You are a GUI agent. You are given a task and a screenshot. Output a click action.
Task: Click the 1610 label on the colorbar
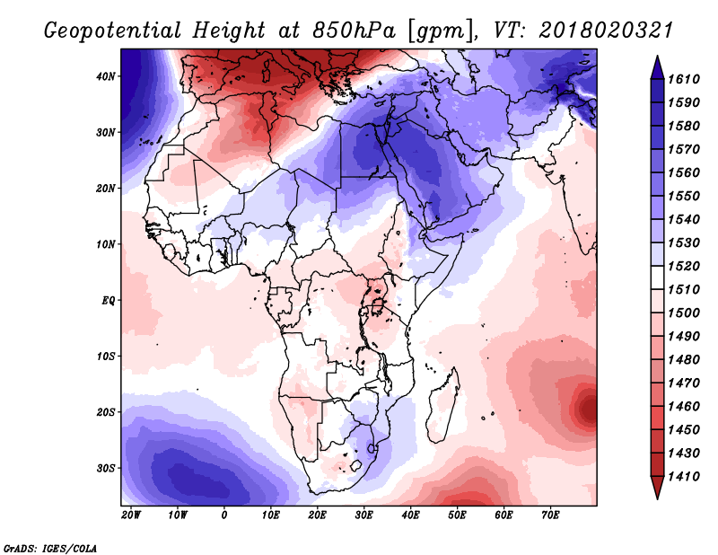(x=684, y=79)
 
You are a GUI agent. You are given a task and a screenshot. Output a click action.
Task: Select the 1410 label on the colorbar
(x=684, y=477)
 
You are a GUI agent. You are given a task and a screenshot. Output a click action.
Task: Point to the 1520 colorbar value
(x=684, y=266)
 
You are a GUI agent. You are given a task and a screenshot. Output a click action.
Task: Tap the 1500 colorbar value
(x=684, y=313)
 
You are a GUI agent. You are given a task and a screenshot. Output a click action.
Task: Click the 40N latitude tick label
(x=106, y=76)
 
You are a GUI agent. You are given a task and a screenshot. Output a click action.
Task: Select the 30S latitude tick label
(x=106, y=469)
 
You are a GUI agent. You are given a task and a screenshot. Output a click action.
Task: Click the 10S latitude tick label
(x=106, y=357)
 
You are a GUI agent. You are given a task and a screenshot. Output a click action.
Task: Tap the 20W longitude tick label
(x=131, y=515)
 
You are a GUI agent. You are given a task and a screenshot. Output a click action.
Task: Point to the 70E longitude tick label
(x=550, y=515)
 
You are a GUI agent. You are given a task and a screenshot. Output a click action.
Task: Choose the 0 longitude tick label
(x=223, y=515)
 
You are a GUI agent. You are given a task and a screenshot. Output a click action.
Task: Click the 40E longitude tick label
(x=410, y=515)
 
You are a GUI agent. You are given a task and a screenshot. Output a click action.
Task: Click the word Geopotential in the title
(x=113, y=31)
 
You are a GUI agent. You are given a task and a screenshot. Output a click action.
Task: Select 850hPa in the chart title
(x=354, y=31)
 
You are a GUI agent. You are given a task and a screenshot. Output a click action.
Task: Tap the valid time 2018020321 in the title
(x=606, y=31)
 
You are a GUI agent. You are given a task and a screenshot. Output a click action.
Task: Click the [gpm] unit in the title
(x=440, y=31)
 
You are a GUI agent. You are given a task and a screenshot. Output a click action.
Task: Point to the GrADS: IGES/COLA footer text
(x=50, y=549)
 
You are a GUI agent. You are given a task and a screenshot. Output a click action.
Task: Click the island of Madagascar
(x=443, y=406)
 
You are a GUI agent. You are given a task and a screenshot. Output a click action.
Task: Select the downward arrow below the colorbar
(x=657, y=488)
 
